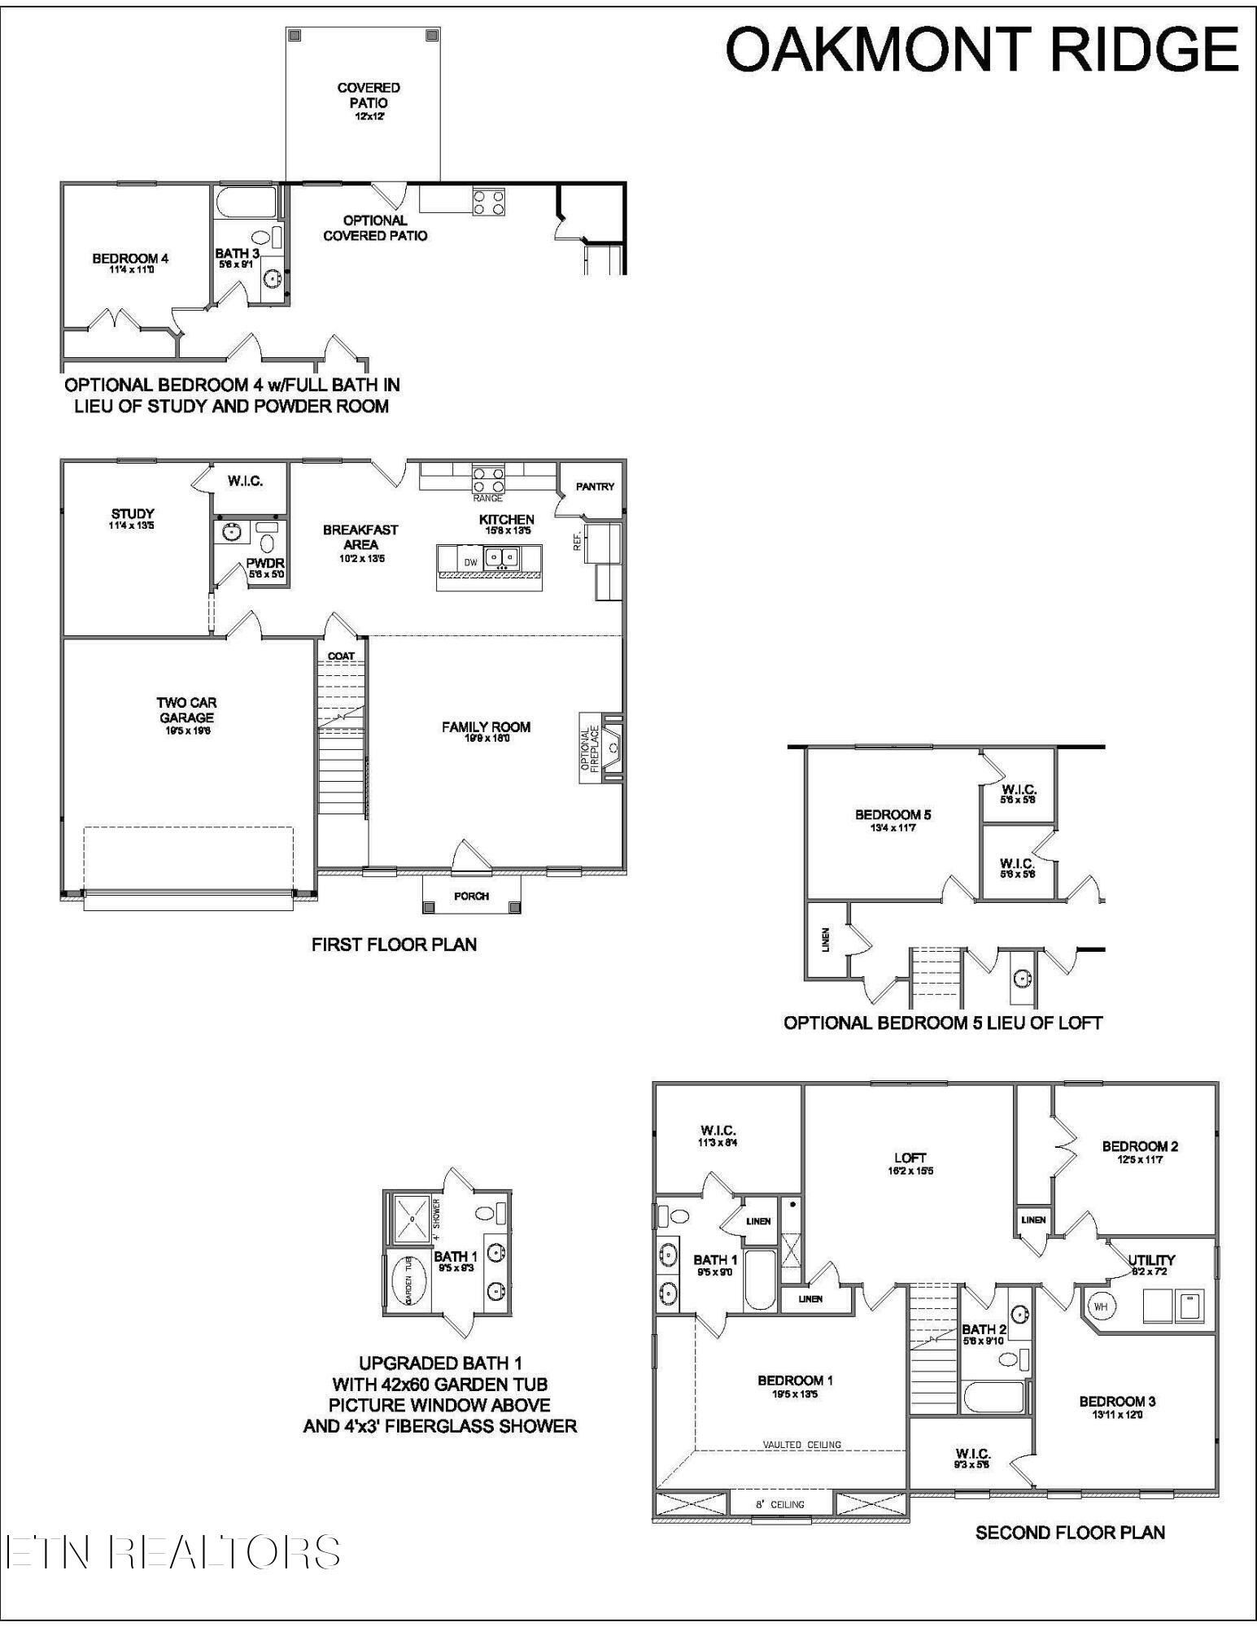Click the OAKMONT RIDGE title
pyautogui.click(x=981, y=50)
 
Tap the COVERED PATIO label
pyautogui.click(x=369, y=96)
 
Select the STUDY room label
pyautogui.click(x=133, y=514)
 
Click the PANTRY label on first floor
pyautogui.click(x=595, y=486)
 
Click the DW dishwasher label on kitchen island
pyautogui.click(x=470, y=562)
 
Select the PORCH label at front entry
pyautogui.click(x=471, y=896)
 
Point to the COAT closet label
pyautogui.click(x=341, y=656)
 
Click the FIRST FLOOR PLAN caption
pyautogui.click(x=394, y=944)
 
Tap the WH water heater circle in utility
pyautogui.click(x=1100, y=1306)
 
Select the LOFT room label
pyautogui.click(x=910, y=1158)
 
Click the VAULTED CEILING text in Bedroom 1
pyautogui.click(x=801, y=1445)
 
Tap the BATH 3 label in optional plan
pyautogui.click(x=237, y=254)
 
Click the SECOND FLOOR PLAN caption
pyautogui.click(x=1070, y=1533)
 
